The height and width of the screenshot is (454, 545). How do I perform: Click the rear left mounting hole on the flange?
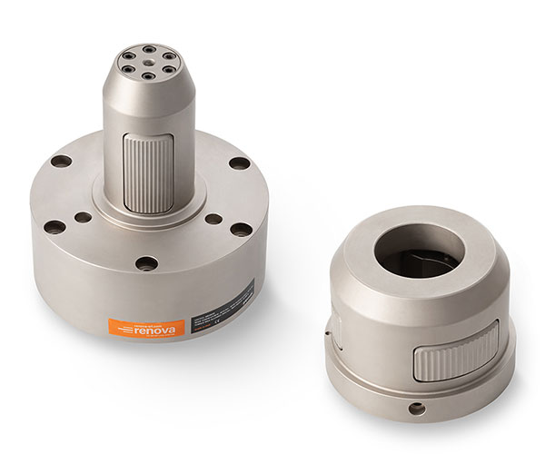[x=61, y=161]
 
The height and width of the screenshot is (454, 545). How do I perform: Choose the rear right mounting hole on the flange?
[x=239, y=163]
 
